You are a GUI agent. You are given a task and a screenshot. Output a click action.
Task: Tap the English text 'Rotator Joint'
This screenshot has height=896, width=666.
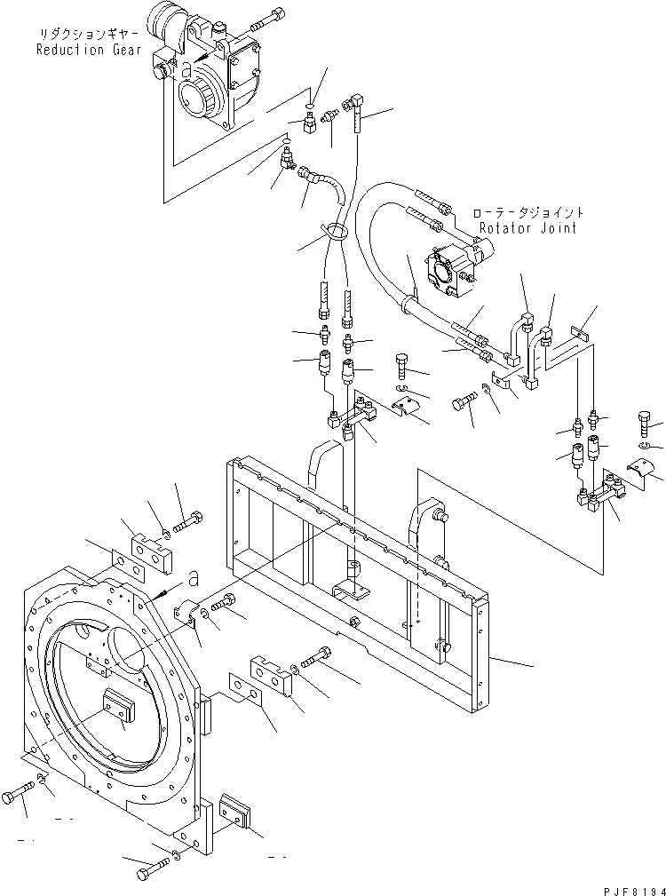click(527, 228)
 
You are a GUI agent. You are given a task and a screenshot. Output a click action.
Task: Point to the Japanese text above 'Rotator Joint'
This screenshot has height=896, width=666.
click(528, 213)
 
